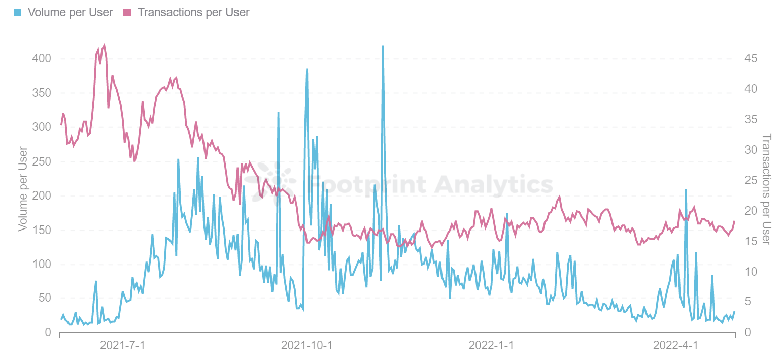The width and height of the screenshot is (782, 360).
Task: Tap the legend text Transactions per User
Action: [193, 12]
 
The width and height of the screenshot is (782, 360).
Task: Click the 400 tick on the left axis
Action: [41, 58]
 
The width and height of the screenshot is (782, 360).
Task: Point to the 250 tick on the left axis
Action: [41, 161]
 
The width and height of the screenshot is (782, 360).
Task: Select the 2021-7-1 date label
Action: [122, 346]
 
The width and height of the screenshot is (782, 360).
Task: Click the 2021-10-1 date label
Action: [307, 346]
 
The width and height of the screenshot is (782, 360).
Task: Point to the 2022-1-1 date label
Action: [491, 346]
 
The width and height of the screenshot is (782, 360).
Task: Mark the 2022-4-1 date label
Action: [675, 346]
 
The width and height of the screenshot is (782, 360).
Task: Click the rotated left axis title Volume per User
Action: [23, 188]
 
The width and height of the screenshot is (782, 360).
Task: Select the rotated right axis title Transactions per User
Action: [766, 188]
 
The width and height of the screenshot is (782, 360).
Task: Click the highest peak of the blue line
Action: [383, 46]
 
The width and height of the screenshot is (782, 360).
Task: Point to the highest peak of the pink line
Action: [104, 45]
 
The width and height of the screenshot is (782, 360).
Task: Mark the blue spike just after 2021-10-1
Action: [307, 69]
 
